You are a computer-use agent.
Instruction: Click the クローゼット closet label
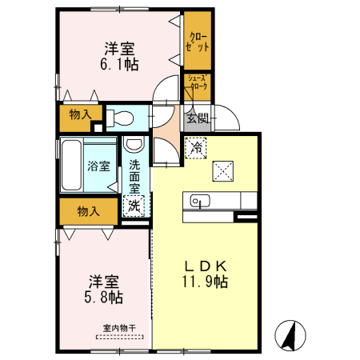tap(198, 41)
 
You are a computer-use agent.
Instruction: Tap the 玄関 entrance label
tap(197, 118)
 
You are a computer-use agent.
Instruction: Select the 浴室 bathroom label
tap(97, 167)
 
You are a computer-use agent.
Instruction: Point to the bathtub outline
tap(70, 164)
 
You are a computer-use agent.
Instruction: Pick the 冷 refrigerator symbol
tap(196, 148)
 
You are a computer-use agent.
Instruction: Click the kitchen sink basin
tap(198, 200)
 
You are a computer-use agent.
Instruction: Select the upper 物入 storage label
tap(80, 116)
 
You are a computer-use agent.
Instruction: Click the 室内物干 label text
tap(119, 327)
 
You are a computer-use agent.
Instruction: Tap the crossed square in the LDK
tap(222, 170)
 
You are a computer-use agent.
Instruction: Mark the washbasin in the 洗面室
tap(134, 146)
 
